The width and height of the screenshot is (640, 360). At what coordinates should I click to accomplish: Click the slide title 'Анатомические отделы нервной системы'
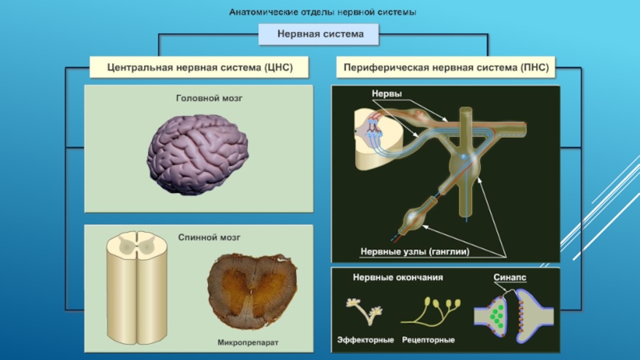[322, 13]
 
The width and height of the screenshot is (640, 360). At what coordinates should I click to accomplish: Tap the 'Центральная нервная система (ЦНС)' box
[198, 68]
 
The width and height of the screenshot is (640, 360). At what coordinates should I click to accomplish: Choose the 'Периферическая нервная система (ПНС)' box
[446, 68]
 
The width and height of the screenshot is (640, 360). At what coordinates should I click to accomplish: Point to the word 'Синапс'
[510, 278]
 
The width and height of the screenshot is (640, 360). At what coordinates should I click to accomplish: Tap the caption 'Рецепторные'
[429, 339]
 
